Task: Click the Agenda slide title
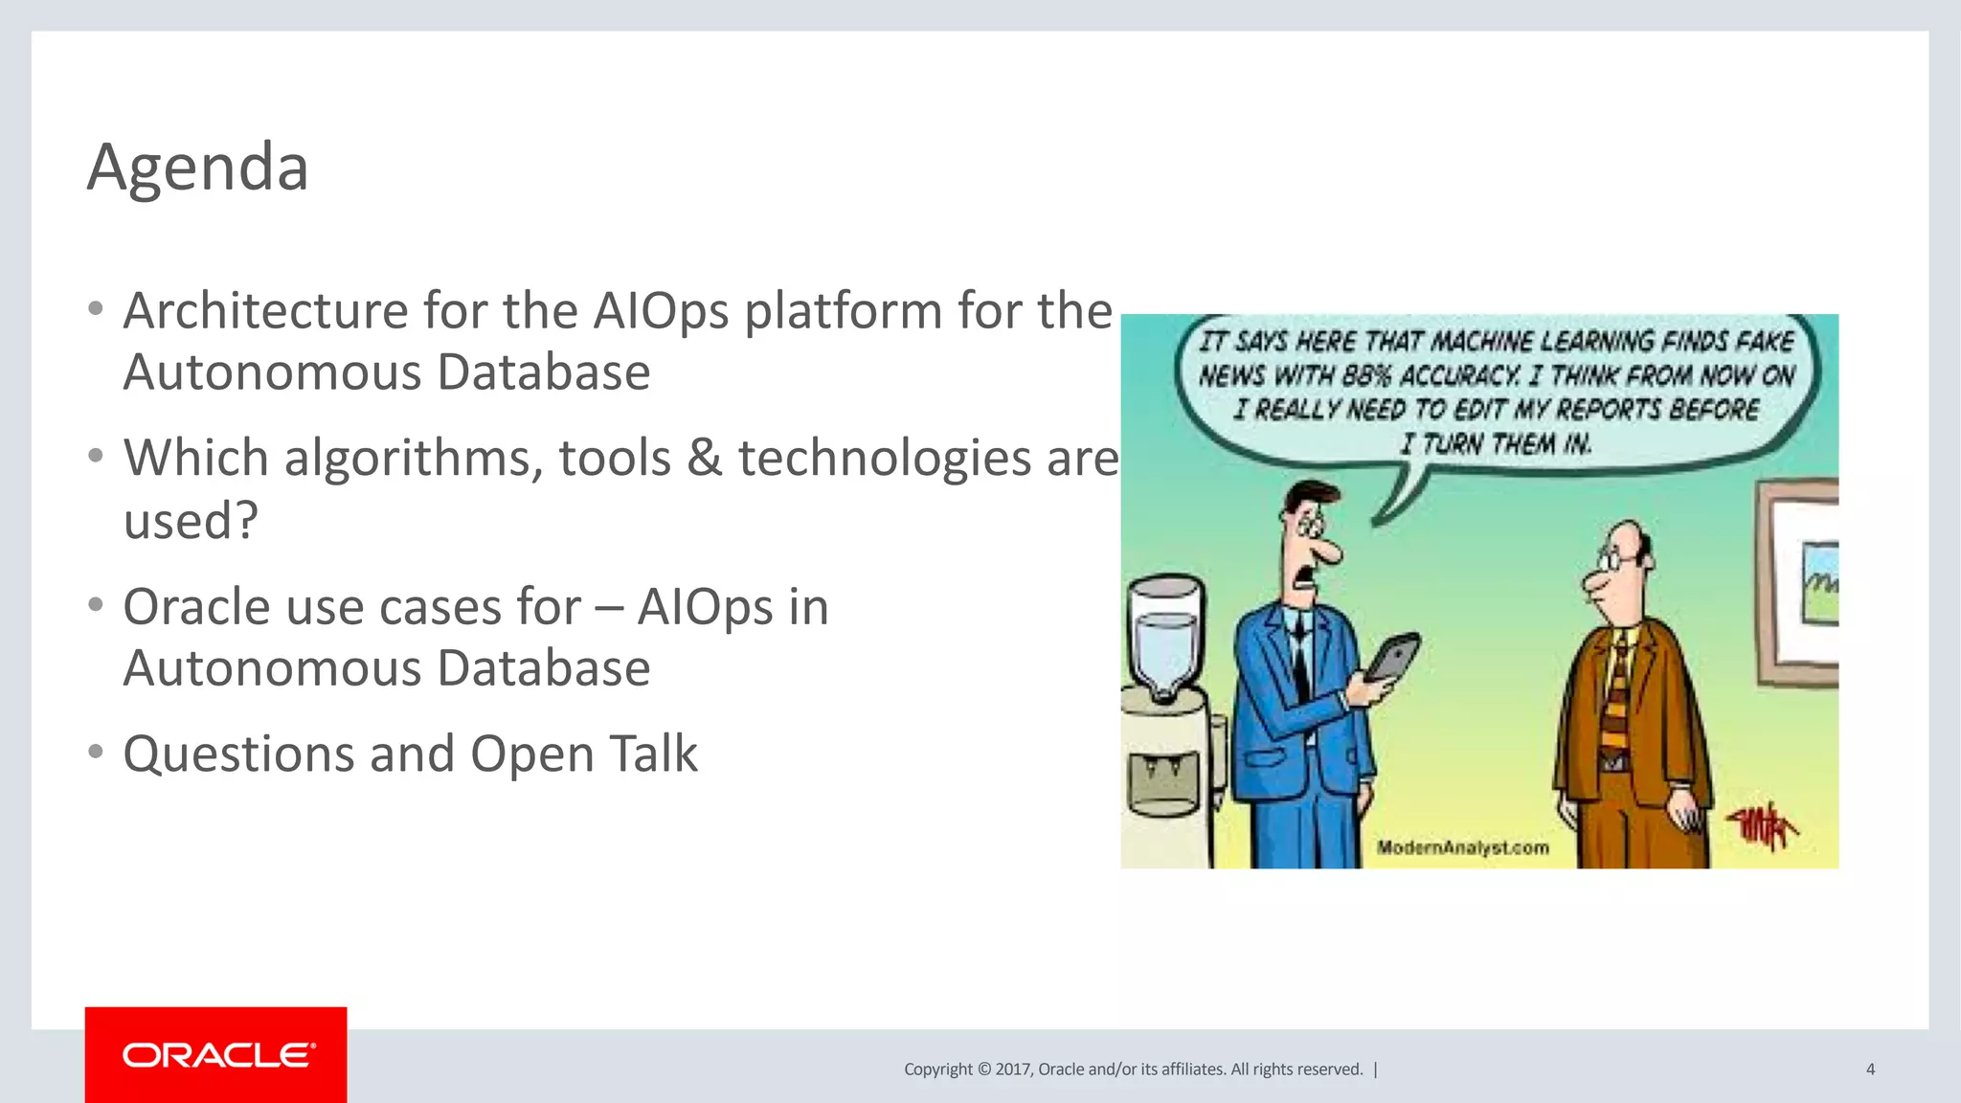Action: click(197, 167)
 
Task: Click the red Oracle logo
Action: click(216, 1054)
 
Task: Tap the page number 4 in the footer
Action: click(1870, 1069)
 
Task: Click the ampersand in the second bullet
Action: click(705, 458)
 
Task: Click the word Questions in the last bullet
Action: click(239, 754)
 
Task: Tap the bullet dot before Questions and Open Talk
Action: click(95, 752)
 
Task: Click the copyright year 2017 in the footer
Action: click(1013, 1069)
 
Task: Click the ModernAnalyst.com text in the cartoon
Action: click(1462, 847)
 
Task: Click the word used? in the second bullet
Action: click(191, 521)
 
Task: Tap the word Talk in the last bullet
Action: click(654, 754)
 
